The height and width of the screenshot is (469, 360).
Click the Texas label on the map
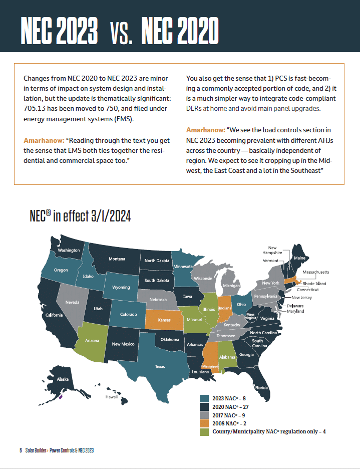pos(160,366)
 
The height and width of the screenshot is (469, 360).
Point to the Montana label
pos(117,259)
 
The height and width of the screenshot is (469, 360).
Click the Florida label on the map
pos(261,387)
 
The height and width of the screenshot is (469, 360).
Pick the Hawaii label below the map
pos(111,396)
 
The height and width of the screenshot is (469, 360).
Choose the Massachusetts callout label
pos(316,272)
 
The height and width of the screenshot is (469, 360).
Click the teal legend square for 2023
pos(204,398)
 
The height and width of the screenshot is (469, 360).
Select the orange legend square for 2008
pos(204,423)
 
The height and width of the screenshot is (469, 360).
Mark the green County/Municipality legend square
pos(204,432)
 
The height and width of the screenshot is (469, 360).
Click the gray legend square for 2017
pos(204,415)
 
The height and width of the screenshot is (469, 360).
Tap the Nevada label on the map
pos(72,302)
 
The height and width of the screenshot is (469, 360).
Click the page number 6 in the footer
pos(21,450)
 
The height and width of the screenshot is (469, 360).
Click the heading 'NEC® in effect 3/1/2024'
pos(80,216)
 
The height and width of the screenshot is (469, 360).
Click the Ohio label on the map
pos(241,304)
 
